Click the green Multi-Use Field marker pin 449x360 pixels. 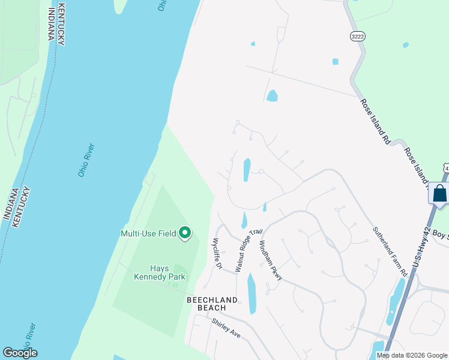tap(185, 233)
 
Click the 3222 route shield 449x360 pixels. tap(357, 37)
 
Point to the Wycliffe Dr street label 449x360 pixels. tap(217, 253)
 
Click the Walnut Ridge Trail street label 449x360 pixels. tap(249, 250)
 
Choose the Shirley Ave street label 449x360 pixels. tap(226, 328)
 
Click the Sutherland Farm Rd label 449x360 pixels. tap(390, 251)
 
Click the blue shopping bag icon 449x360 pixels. tap(439, 194)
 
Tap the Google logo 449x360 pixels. tap(20, 352)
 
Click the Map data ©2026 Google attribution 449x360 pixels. tap(412, 355)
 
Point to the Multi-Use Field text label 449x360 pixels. tap(149, 233)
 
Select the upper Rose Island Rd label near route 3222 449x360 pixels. tap(375, 120)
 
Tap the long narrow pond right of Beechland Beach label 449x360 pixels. tap(252, 293)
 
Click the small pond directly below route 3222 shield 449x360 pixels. tap(335, 61)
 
